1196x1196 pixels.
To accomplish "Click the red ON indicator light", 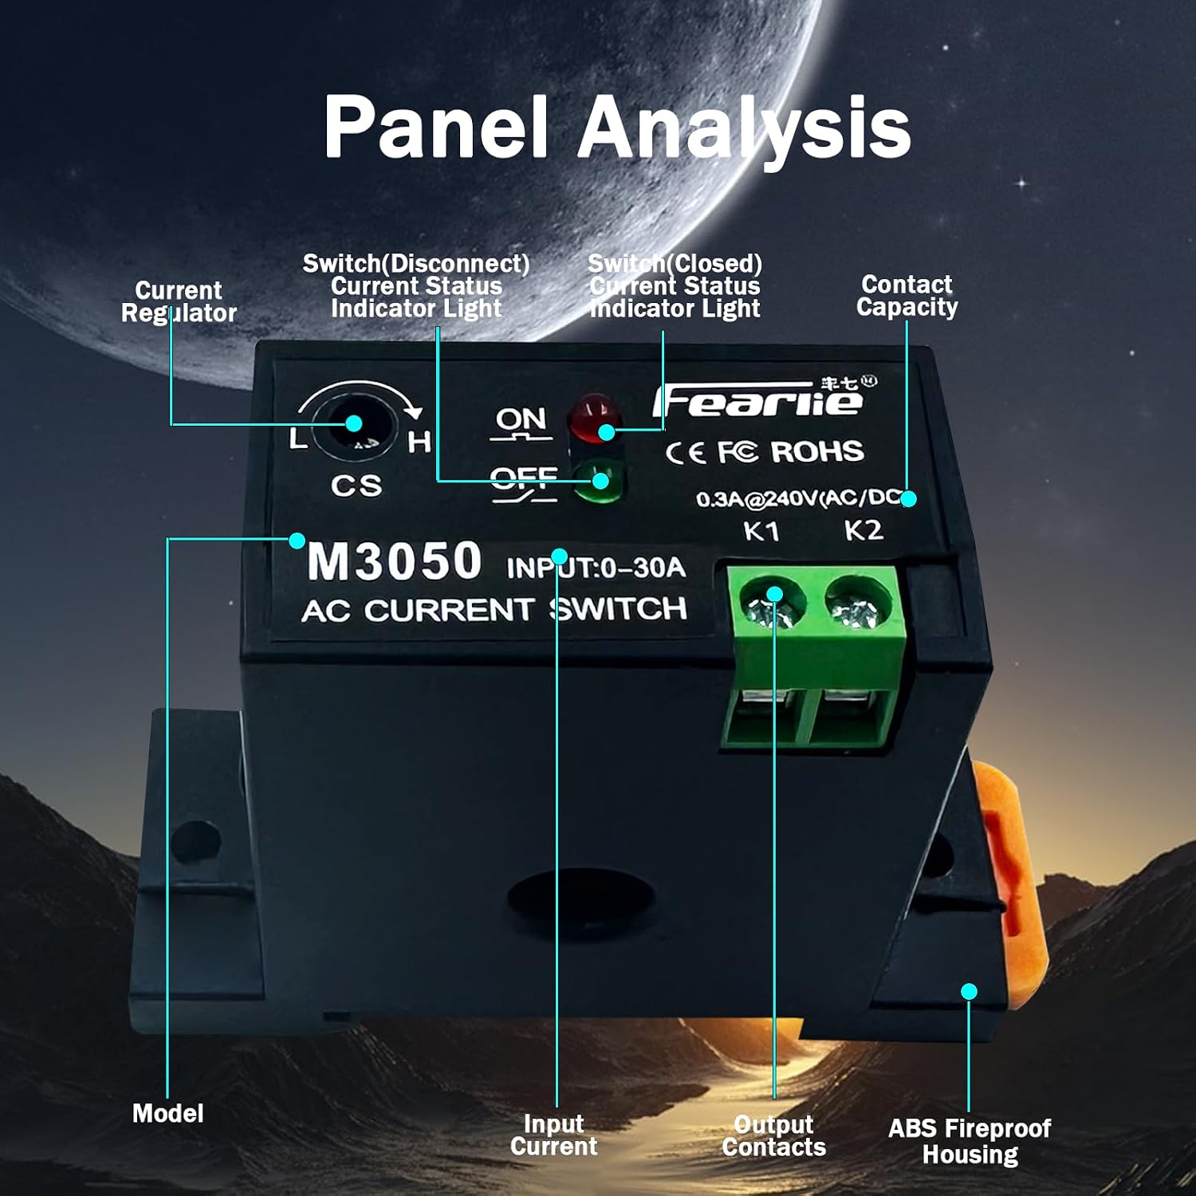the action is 593,417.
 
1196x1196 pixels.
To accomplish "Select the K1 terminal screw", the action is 770,604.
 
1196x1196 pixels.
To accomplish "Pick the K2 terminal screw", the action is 856,604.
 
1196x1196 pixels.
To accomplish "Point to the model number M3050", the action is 394,561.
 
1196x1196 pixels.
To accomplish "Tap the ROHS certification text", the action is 817,452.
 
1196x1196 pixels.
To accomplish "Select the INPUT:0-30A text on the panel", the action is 596,568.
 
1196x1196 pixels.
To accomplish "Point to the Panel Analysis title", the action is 617,127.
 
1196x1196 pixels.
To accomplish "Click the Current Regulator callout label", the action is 179,302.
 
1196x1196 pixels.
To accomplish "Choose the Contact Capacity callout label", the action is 907,296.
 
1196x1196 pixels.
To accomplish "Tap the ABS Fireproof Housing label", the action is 970,1141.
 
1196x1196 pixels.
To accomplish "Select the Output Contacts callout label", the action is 773,1135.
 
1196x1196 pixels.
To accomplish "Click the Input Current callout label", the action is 553,1135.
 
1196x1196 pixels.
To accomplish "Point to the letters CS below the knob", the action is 356,485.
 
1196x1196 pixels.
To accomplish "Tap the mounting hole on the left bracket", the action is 195,842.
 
